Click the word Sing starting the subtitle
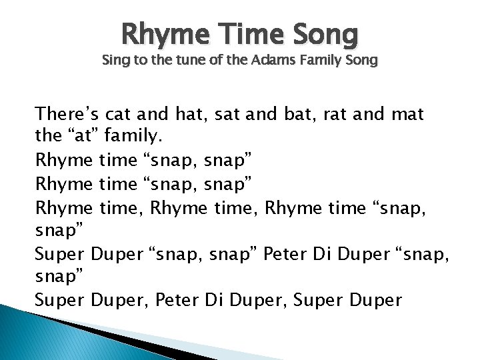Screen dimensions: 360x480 pos(113,61)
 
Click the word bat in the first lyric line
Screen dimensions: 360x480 pos(290,114)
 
